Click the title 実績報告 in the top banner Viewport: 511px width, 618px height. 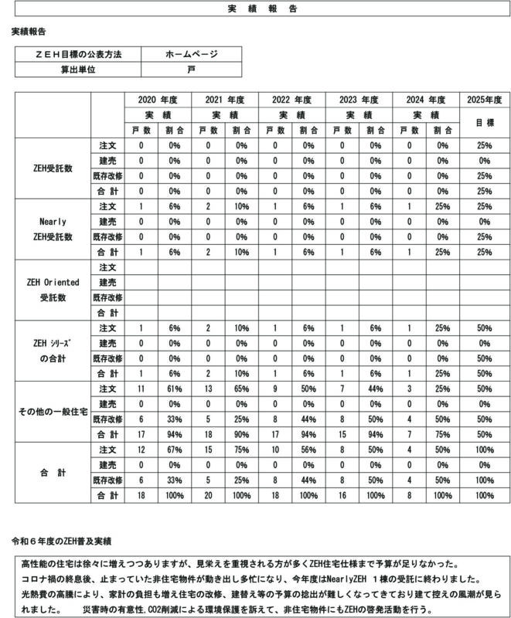pos(255,9)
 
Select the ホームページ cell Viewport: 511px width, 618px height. pos(191,54)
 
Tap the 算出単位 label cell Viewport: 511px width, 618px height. pos(77,69)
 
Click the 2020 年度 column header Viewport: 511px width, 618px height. pos(158,100)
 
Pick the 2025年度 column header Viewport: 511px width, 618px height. pos(485,100)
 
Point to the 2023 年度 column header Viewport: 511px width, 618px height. pos(359,100)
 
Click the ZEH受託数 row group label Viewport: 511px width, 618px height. pos(50,168)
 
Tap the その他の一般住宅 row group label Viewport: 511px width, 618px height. pos(50,411)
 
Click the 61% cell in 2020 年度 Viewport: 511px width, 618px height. pos(174,388)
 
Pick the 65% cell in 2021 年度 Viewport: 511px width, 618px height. pos(241,388)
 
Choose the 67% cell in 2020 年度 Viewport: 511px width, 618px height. pos(174,450)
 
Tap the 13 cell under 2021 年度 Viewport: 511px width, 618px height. pos(208,388)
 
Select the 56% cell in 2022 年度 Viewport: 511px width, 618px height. pos(308,450)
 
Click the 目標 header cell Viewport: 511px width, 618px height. pos(485,122)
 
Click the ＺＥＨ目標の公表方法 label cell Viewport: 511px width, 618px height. pos(77,54)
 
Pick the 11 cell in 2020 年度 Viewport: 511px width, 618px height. pos(141,388)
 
